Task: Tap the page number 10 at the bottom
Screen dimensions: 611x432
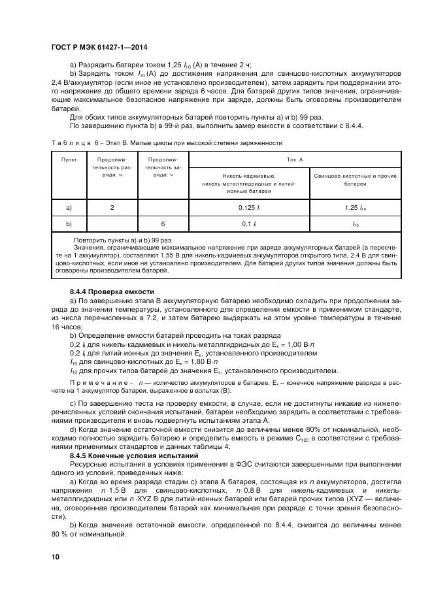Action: (55, 557)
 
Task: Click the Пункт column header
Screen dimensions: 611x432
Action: (69, 159)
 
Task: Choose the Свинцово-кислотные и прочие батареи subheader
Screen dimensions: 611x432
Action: (356, 180)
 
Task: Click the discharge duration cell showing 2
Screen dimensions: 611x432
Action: (112, 207)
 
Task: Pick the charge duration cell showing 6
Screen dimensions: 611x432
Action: (163, 223)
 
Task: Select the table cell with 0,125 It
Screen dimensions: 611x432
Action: (251, 207)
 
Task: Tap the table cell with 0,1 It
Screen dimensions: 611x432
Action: (251, 223)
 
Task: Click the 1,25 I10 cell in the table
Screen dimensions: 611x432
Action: (356, 207)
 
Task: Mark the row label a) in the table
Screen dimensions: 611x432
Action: (69, 207)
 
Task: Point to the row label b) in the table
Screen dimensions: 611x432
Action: (69, 223)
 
